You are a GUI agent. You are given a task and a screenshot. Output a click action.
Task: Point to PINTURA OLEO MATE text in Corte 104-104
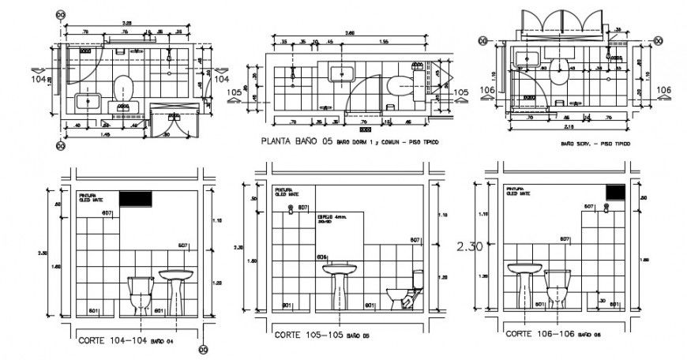91,197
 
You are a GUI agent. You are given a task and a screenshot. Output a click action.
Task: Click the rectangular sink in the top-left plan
85,103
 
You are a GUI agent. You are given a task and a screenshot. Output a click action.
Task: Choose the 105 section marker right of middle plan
462,92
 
